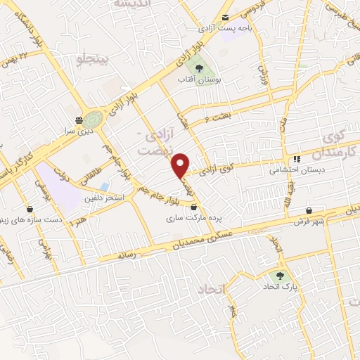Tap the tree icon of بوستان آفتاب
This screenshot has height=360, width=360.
[x=199, y=69]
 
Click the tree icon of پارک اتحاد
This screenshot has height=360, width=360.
[x=281, y=276]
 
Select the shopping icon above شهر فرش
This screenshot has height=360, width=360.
[x=309, y=210]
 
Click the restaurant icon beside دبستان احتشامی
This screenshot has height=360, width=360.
[x=297, y=159]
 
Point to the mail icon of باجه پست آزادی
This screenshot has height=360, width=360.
[x=225, y=18]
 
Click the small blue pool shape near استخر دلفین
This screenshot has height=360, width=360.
[x=105, y=186]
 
